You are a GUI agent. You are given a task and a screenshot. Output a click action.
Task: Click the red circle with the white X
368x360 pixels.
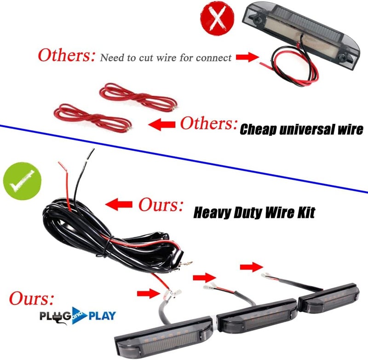point(217,18)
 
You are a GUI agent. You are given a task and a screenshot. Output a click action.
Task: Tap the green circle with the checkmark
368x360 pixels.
point(22,181)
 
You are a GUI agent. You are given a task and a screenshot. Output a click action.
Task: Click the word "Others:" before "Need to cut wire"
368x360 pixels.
point(67,55)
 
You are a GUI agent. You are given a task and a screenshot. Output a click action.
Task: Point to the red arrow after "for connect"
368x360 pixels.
point(247,57)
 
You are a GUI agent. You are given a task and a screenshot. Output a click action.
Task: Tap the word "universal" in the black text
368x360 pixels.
point(307,129)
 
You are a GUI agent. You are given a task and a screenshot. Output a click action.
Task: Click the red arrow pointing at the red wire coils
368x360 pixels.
point(162,124)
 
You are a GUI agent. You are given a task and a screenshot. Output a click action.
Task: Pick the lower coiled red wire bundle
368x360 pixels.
point(93,118)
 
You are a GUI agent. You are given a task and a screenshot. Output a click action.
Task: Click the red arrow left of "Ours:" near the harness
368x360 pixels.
point(119,204)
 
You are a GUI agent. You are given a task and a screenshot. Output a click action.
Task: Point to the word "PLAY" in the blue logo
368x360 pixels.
point(102,316)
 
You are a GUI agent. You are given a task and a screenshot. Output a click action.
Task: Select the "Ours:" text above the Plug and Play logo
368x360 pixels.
point(31,298)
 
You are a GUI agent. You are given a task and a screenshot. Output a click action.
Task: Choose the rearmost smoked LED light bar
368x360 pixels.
point(328,297)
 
